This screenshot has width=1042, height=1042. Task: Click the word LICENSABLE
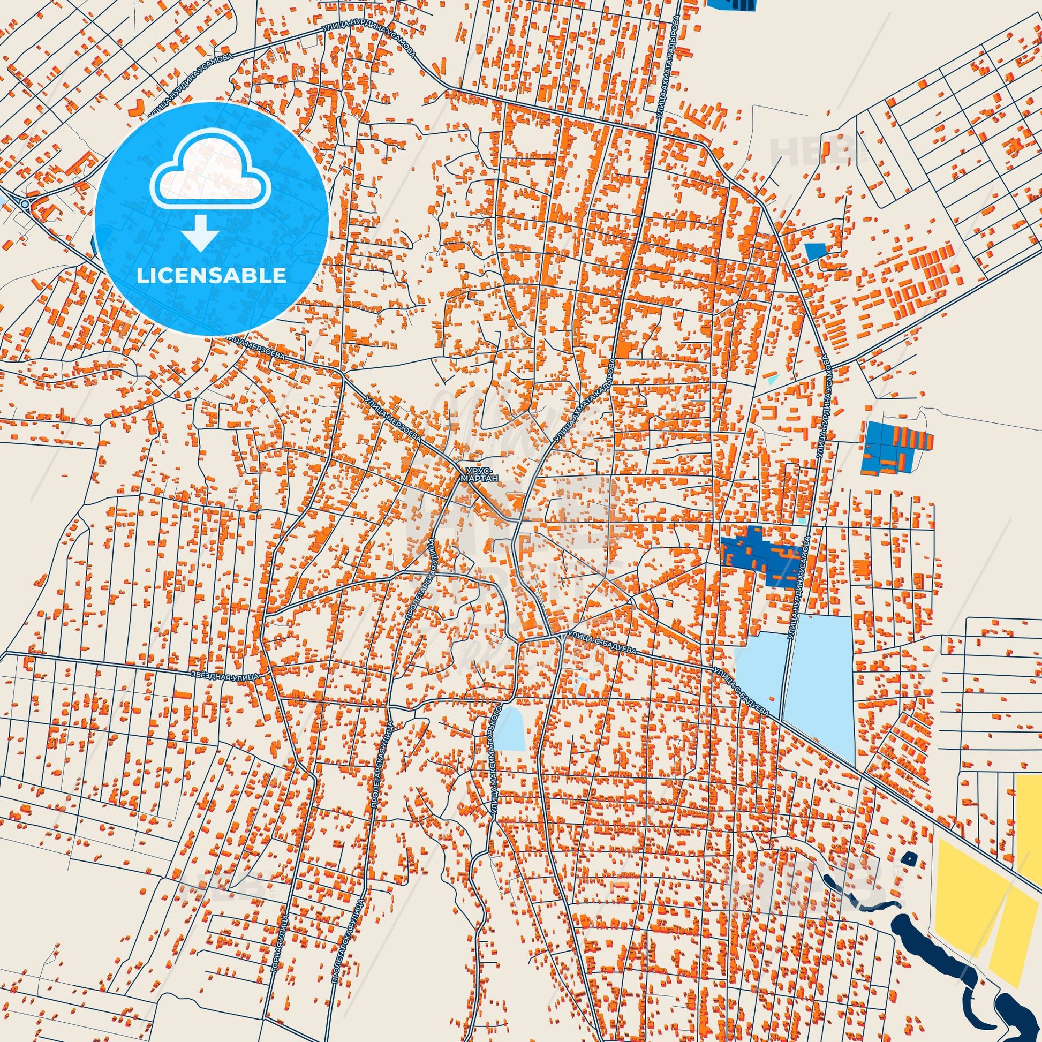(212, 276)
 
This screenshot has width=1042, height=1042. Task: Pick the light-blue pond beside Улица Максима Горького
(510, 729)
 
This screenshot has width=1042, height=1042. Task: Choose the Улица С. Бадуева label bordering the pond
(741, 691)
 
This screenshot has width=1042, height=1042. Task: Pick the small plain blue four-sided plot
(815, 251)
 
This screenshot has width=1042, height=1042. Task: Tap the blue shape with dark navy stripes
(732, 4)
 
